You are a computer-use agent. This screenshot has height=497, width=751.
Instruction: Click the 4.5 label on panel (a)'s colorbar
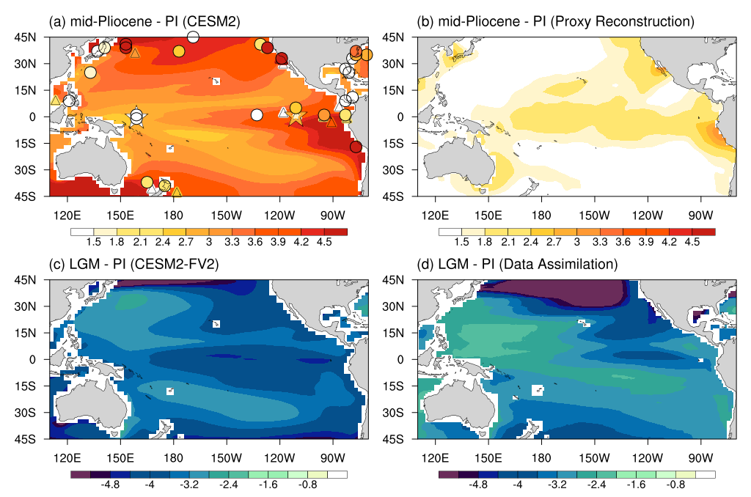[324, 243]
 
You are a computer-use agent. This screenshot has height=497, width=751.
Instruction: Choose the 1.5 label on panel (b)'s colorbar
[462, 243]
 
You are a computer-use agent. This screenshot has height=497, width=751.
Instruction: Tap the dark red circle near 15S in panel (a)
[356, 147]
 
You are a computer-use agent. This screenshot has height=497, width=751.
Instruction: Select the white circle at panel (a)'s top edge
[194, 37]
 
